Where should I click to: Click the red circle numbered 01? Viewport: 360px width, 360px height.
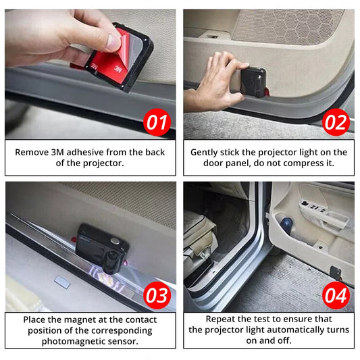click(157, 122)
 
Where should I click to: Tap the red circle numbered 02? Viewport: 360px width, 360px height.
click(336, 122)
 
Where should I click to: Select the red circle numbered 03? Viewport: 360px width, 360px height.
click(157, 295)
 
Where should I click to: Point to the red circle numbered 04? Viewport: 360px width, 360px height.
click(336, 295)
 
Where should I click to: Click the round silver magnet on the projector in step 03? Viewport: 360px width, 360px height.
click(115, 241)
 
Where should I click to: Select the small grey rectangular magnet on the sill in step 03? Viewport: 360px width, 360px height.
click(62, 282)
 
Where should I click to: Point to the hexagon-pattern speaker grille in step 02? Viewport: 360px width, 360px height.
click(289, 26)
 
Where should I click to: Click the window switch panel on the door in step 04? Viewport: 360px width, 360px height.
click(314, 206)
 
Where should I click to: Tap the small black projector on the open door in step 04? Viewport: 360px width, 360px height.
click(336, 273)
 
